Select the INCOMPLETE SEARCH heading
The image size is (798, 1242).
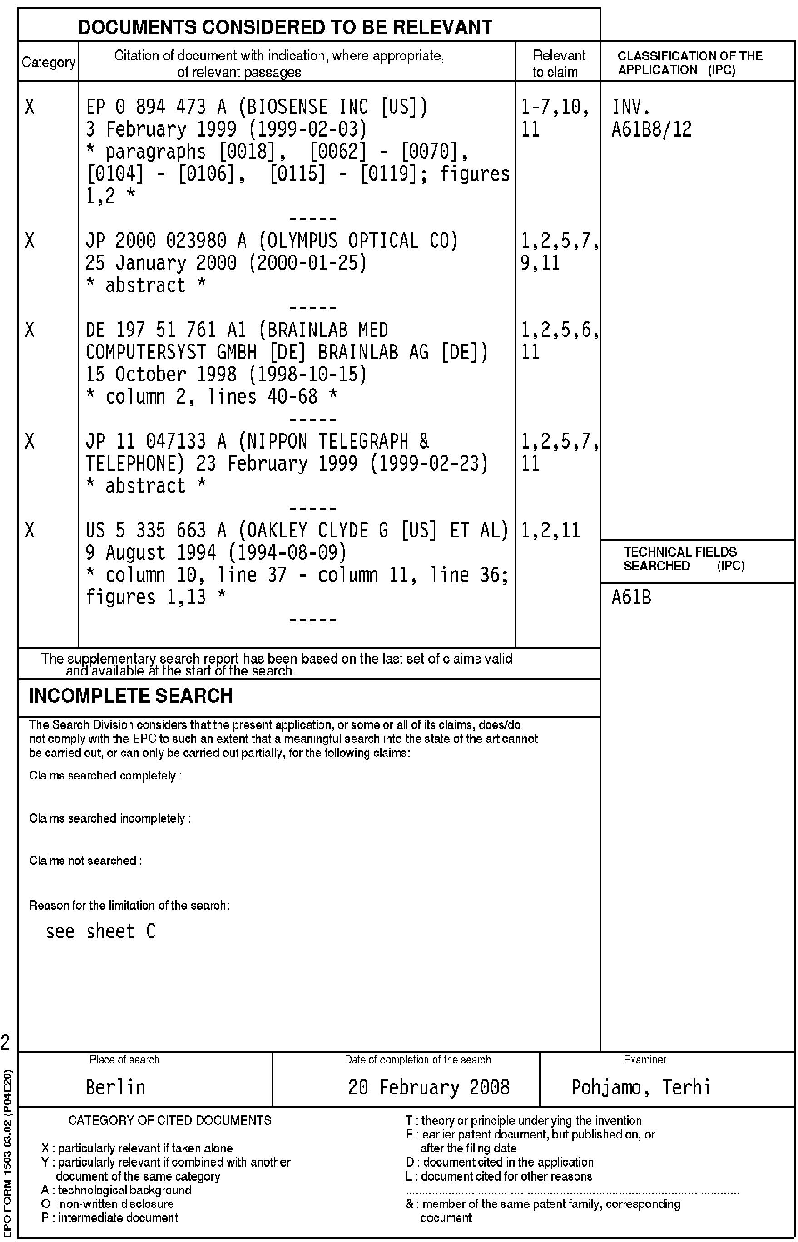(131, 695)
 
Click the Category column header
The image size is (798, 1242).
(48, 62)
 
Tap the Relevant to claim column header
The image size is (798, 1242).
(558, 64)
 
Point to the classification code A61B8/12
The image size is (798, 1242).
(651, 129)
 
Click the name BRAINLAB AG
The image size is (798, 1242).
(374, 352)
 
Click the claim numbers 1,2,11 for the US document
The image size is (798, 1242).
(550, 530)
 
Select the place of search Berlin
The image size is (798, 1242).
(115, 1087)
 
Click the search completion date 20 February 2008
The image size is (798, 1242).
(429, 1087)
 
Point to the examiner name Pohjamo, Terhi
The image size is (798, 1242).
(640, 1087)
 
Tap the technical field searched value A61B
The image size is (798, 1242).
(631, 598)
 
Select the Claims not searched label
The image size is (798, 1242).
(85, 861)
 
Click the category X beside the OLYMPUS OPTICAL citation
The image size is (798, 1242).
(30, 241)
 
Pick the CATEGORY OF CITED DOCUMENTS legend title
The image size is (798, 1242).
(169, 1121)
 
